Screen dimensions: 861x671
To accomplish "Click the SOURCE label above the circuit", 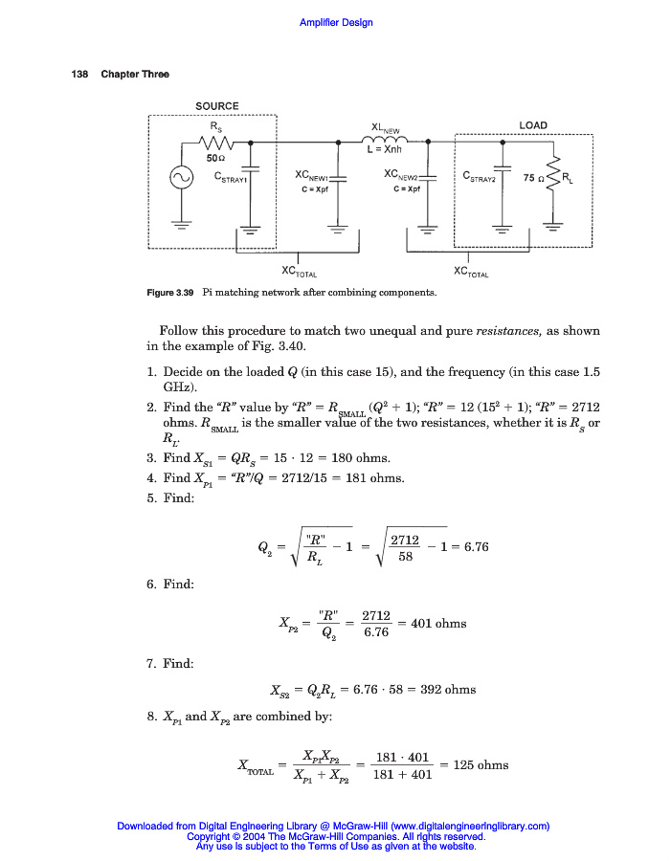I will coord(216,106).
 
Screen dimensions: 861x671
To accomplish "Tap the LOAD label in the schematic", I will coord(533,125).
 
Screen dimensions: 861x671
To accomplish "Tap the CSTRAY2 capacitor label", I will coord(481,177).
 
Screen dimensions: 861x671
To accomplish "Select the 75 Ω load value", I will coord(533,178).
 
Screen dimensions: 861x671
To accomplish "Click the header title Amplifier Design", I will coord(336,22).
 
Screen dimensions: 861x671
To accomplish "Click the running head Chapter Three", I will coord(135,75).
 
